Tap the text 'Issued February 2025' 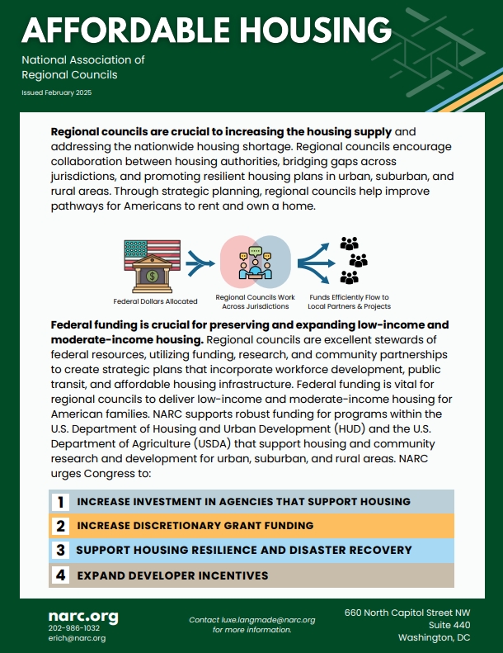tap(57, 92)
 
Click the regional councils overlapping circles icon tap(255, 262)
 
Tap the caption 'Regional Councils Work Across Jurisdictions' tap(256, 301)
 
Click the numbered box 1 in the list tap(60, 501)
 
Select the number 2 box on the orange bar tap(60, 526)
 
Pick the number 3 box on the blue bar tap(60, 550)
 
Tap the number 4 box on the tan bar tap(60, 575)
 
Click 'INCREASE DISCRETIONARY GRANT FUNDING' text tap(195, 526)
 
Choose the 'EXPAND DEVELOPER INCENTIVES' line tap(172, 575)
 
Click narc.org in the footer tap(82, 616)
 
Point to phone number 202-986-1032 tap(73, 628)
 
